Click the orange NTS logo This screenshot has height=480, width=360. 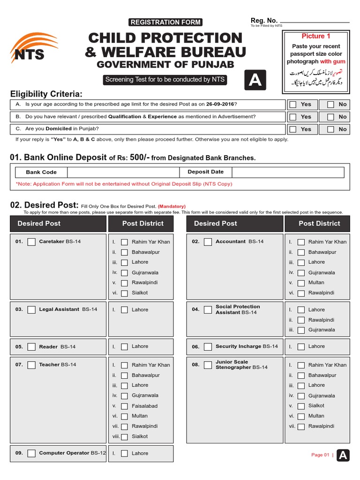point(30,48)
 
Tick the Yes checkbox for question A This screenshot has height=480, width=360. point(293,105)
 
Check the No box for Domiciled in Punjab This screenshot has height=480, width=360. point(331,129)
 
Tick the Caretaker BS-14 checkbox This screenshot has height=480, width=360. point(31,242)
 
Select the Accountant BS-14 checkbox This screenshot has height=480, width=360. point(208,242)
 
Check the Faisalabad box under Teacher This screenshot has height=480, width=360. point(124,406)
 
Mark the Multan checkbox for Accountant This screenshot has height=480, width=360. point(301,283)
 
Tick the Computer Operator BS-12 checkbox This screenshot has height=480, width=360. point(31,453)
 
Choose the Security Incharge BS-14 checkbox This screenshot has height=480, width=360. point(208,347)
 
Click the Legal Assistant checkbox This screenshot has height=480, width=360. point(31,310)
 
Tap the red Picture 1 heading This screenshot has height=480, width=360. point(316,36)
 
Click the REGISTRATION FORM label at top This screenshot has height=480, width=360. point(165,22)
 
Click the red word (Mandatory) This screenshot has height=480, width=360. point(172,206)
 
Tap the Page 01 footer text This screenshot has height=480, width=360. point(320,455)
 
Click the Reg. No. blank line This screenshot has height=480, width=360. point(315,22)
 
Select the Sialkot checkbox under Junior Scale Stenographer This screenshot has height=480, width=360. point(301,406)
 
